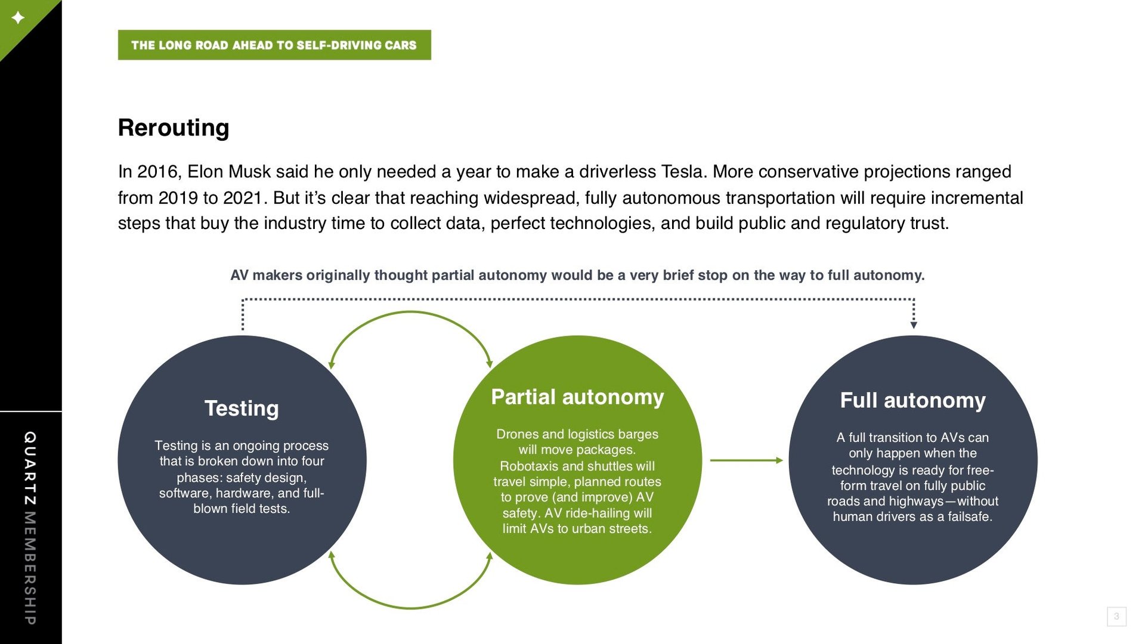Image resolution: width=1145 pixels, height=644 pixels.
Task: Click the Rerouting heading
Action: (174, 128)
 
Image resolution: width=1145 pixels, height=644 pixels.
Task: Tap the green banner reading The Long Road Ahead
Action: (274, 45)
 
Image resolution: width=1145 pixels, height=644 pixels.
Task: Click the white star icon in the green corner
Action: (18, 17)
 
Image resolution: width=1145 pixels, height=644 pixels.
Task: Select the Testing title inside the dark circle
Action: (242, 408)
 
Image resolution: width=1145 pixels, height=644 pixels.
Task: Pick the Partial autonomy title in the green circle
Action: (577, 397)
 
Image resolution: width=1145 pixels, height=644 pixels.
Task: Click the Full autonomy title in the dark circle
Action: (913, 401)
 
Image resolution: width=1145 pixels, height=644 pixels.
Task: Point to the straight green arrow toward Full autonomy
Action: (746, 460)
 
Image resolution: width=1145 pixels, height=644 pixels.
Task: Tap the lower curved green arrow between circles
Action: (410, 608)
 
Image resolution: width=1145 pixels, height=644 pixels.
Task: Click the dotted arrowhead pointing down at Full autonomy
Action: (914, 325)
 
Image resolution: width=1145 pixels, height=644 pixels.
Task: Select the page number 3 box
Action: (1116, 617)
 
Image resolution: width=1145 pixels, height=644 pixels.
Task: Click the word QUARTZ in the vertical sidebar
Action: (30, 469)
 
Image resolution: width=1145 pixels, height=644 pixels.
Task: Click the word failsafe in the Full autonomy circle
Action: (970, 517)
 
